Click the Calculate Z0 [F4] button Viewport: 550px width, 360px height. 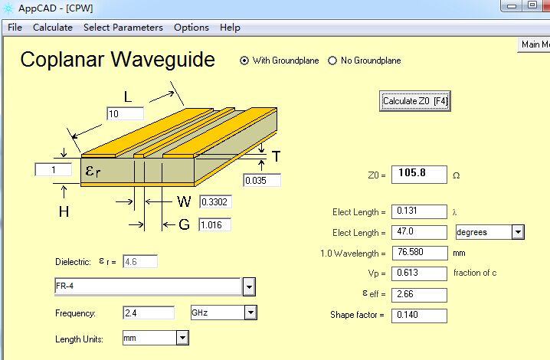[414, 101]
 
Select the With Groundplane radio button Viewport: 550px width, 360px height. [244, 61]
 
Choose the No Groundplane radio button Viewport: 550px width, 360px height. [332, 61]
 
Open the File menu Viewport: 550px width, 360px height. [15, 28]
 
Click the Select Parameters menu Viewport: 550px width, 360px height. [123, 28]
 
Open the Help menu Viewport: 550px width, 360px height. [230, 28]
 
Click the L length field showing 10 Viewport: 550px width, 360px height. [125, 113]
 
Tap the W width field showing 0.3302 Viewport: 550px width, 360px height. [215, 201]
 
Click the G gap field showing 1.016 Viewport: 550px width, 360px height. [214, 224]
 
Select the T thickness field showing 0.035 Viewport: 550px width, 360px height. [262, 180]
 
